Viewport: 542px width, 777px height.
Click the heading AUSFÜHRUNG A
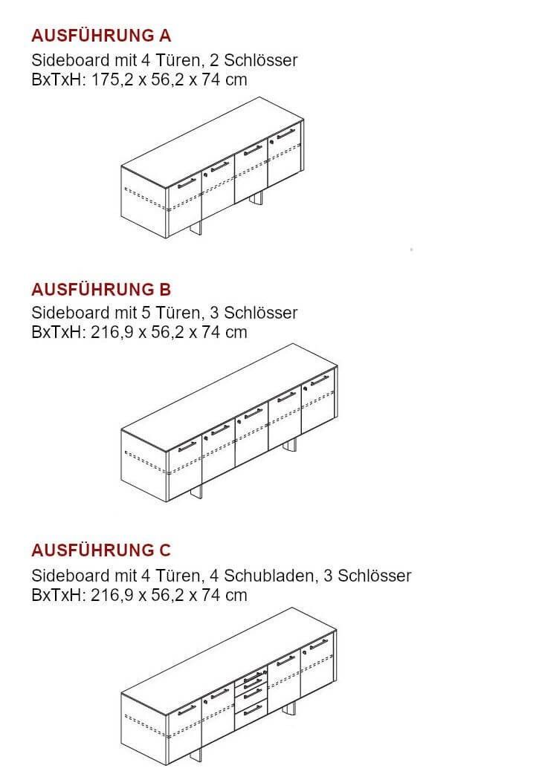pyautogui.click(x=101, y=36)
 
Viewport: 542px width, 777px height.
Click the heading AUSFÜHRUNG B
pyautogui.click(x=101, y=289)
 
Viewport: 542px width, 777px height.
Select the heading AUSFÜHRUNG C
pyautogui.click(x=101, y=550)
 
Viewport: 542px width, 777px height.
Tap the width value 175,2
pyautogui.click(x=112, y=79)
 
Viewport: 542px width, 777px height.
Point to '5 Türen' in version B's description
pyautogui.click(x=170, y=313)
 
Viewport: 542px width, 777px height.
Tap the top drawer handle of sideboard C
pyautogui.click(x=254, y=676)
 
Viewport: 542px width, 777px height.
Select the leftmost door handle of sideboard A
pyautogui.click(x=187, y=183)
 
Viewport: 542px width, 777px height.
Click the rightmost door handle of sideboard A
pyautogui.click(x=285, y=133)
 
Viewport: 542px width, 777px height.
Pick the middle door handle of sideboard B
pyautogui.click(x=253, y=412)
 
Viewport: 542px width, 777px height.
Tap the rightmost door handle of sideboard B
pyautogui.click(x=320, y=380)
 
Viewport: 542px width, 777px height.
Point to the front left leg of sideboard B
pyautogui.click(x=196, y=492)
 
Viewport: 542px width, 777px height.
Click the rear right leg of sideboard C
pyautogui.click(x=291, y=709)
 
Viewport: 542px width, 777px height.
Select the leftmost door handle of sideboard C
pyautogui.click(x=187, y=709)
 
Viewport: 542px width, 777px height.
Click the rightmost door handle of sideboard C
pyautogui.click(x=318, y=644)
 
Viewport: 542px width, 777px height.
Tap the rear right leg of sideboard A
pyautogui.click(x=257, y=198)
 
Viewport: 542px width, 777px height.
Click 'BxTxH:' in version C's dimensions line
pyautogui.click(x=59, y=595)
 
